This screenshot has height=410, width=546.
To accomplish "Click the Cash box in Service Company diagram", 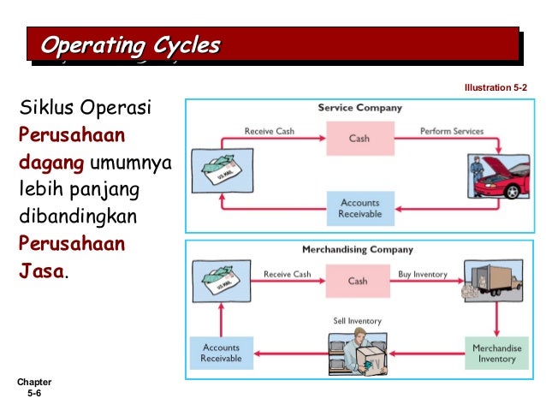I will click(359, 138).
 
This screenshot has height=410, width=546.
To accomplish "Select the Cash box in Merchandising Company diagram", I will click(358, 280).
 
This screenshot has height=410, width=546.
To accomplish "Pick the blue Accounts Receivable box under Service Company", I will click(359, 208).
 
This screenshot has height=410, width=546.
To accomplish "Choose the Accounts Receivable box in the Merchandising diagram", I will click(221, 353).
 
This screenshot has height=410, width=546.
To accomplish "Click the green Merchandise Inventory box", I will click(496, 353).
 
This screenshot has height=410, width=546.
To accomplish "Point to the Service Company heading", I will click(359, 109).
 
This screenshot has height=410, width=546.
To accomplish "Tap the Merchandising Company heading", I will click(358, 250).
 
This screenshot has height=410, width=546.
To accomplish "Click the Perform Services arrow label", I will click(451, 131).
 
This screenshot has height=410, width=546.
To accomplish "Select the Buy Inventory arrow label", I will click(423, 274).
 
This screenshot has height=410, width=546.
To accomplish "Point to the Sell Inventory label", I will click(357, 321).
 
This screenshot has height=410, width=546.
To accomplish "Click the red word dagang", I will click(47, 161).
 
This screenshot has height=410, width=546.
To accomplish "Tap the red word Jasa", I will click(40, 271).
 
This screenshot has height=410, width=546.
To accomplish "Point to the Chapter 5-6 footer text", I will click(34, 388).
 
